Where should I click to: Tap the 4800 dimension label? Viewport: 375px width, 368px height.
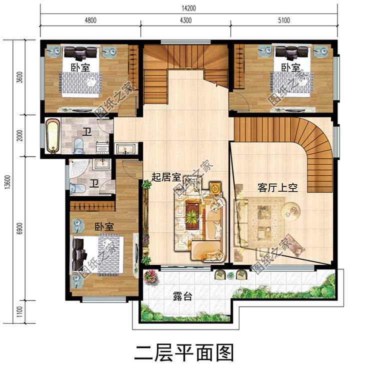click(90, 20)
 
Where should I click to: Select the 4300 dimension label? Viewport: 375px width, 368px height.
click(185, 20)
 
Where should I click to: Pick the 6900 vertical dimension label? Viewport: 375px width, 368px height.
click(20, 229)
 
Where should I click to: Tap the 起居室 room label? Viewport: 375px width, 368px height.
click(166, 177)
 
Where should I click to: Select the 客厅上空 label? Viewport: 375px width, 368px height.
click(277, 188)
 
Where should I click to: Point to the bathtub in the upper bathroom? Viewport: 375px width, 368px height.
click(52, 135)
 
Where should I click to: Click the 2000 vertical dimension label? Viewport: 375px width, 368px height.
click(20, 136)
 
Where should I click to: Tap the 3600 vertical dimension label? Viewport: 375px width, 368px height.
click(20, 78)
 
